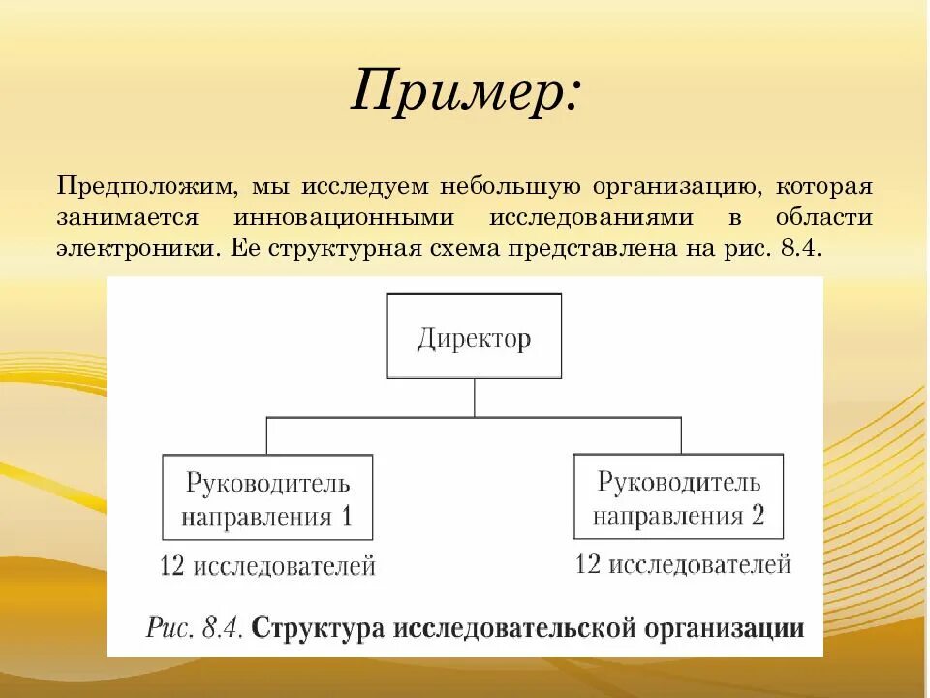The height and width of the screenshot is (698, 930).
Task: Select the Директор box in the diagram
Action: tap(474, 336)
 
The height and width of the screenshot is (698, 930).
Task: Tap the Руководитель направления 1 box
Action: tap(267, 497)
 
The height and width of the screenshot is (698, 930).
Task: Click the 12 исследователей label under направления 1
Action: tap(267, 565)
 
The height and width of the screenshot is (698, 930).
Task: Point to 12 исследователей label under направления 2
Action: tap(683, 563)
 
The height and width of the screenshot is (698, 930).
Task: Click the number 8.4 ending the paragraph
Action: tap(800, 247)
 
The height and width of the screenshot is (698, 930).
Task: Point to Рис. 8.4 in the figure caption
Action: tap(193, 627)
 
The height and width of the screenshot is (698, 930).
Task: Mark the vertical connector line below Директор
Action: tap(474, 397)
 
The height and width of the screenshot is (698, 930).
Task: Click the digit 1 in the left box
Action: tap(345, 515)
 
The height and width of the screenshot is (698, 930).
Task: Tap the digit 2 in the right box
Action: tap(757, 514)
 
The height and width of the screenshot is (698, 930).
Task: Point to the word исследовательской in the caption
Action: tap(518, 627)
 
